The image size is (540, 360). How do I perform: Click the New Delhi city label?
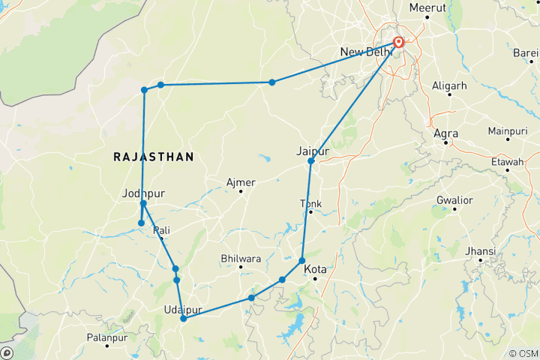point(366,52)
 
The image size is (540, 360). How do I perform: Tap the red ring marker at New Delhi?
point(398,43)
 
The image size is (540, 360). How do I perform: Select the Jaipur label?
point(313,151)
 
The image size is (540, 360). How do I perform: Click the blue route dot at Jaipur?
point(310,160)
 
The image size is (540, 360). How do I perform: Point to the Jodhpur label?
point(142,193)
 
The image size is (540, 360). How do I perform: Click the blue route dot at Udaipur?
point(183,319)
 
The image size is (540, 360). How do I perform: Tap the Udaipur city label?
point(181,309)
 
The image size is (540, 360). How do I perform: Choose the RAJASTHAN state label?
point(153,157)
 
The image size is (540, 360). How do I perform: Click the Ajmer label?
point(241,182)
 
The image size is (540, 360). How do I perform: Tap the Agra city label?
point(446,133)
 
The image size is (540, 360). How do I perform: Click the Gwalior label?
point(456,200)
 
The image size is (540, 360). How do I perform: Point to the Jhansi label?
point(480,250)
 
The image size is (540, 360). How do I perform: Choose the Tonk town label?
point(310,203)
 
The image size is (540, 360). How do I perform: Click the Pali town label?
point(162,229)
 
